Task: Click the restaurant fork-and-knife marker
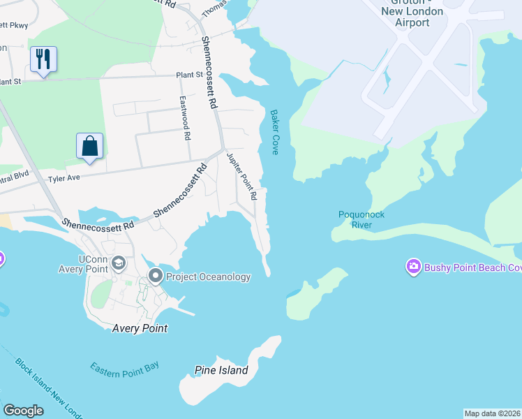(x=43, y=59)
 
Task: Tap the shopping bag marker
(x=89, y=146)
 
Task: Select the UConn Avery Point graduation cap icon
(x=119, y=263)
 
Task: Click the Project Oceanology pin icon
(x=155, y=276)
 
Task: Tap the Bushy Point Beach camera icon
(x=413, y=266)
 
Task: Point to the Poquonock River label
(x=361, y=220)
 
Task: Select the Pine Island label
(x=222, y=370)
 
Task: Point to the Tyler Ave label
(x=64, y=179)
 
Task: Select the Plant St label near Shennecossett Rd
(x=189, y=74)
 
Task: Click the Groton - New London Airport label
(x=412, y=17)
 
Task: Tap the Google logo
(x=23, y=411)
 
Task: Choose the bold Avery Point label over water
(x=140, y=328)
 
